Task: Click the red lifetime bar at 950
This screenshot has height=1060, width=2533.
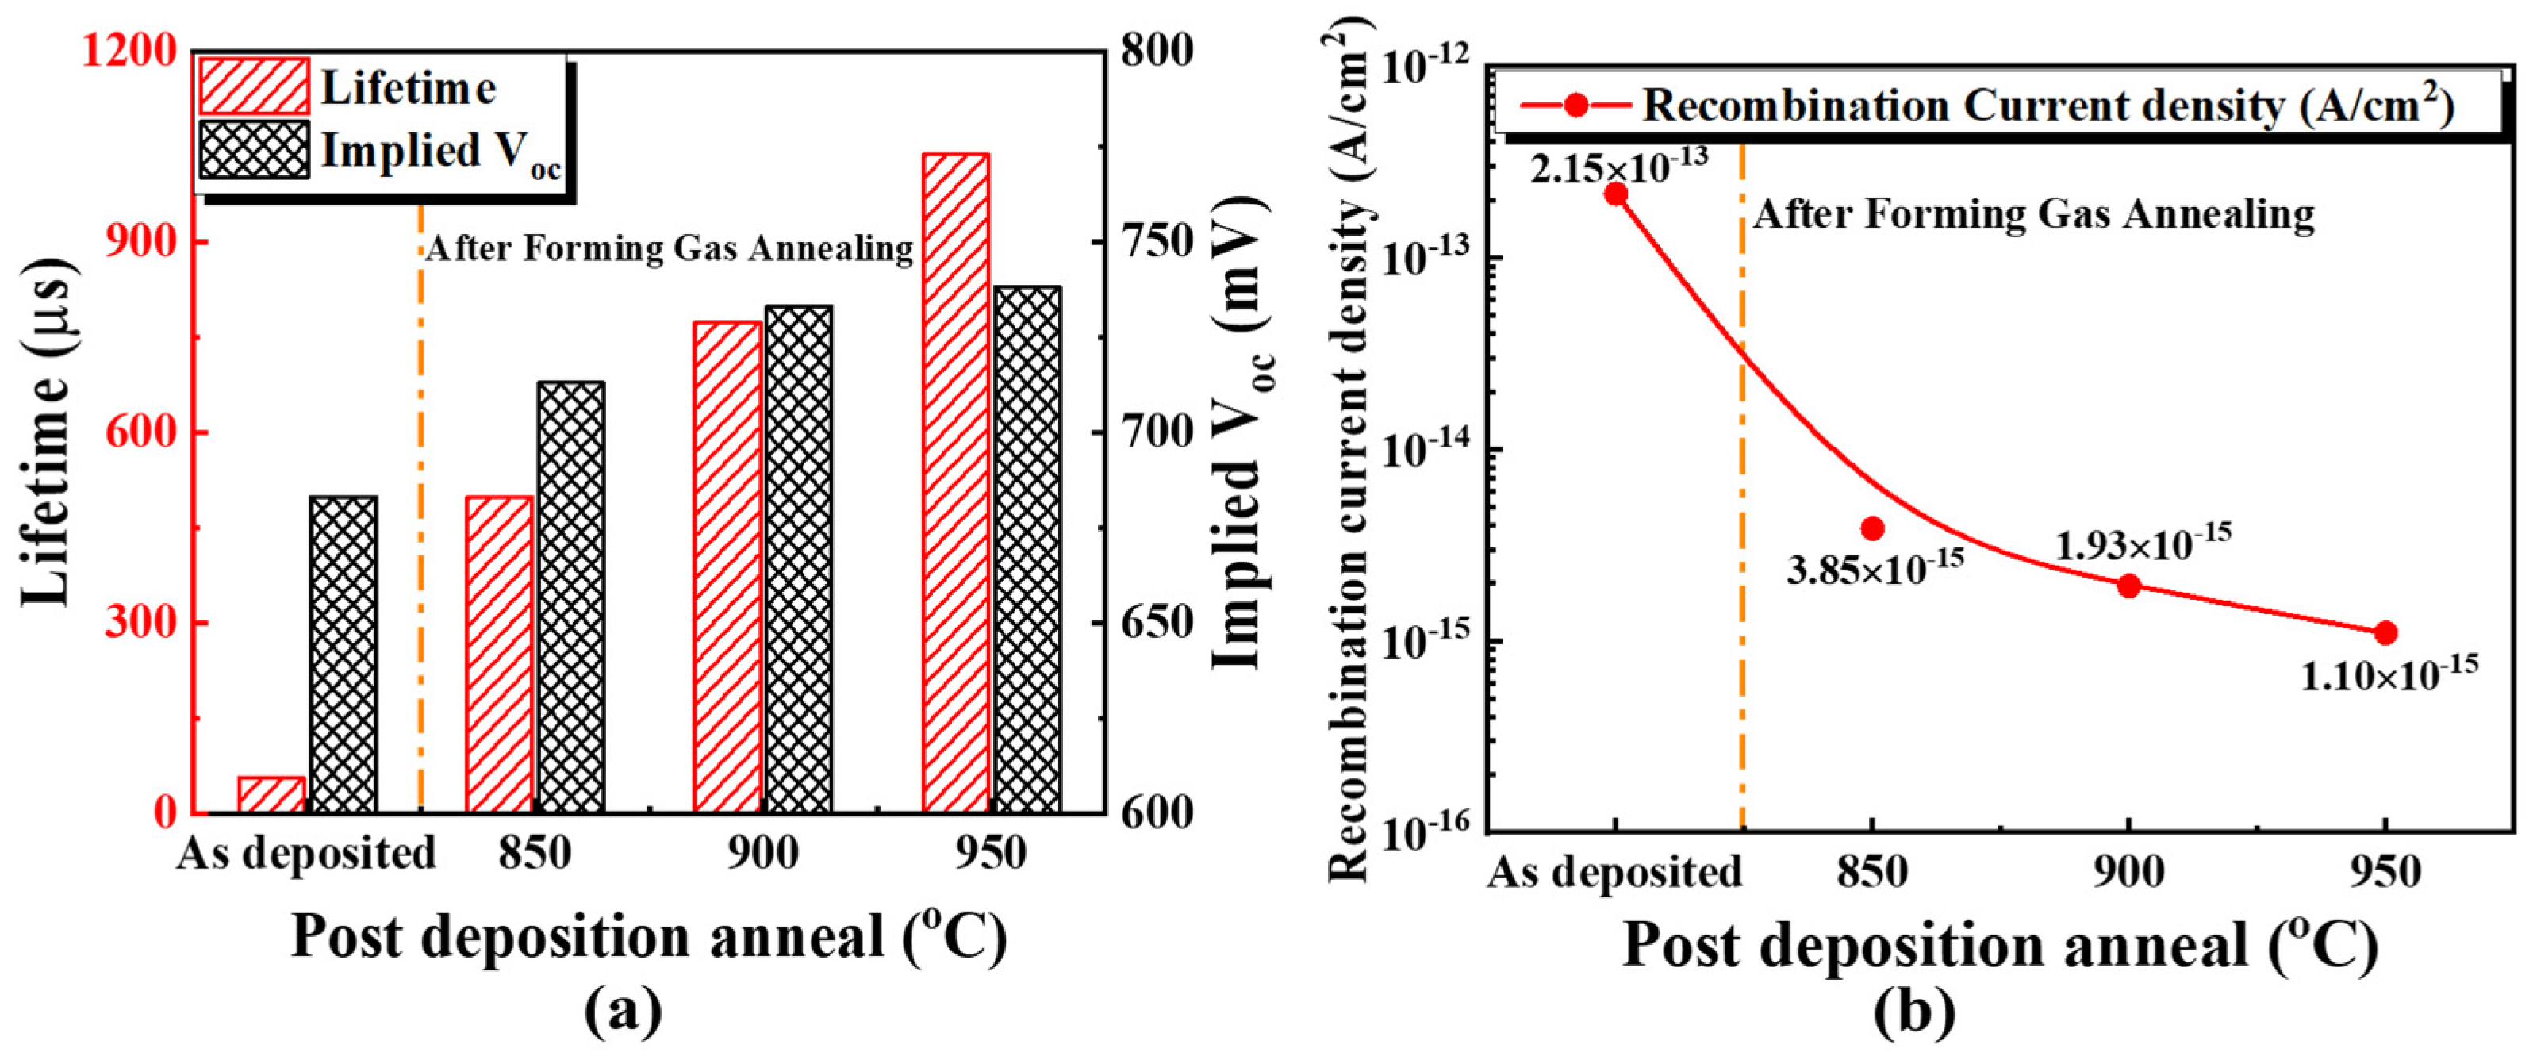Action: click(956, 482)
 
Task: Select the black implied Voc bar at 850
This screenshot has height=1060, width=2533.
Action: click(571, 597)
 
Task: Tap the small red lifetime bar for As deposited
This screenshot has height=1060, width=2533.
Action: click(271, 794)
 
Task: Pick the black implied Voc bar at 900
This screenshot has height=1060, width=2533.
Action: click(798, 559)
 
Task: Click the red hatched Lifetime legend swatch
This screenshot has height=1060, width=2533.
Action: click(255, 86)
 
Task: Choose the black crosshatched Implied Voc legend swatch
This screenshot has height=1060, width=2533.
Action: click(255, 149)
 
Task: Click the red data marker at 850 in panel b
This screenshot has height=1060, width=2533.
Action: click(1872, 528)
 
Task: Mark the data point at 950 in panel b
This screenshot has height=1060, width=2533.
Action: click(2385, 632)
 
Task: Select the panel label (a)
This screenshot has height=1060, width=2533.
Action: click(623, 1013)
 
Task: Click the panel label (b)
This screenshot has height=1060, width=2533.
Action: click(1913, 1013)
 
